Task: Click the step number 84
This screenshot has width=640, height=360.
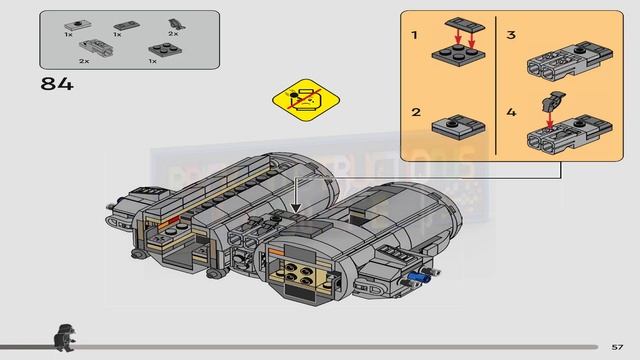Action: (x=56, y=83)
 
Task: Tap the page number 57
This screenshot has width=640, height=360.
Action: (x=618, y=346)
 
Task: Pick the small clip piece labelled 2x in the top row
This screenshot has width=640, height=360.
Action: (x=172, y=21)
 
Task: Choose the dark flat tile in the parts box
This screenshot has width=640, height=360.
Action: (x=125, y=23)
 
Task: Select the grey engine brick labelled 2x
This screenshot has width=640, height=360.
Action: (x=90, y=46)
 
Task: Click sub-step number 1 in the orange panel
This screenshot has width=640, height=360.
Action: (x=413, y=35)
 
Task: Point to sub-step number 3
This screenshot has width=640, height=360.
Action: (x=510, y=35)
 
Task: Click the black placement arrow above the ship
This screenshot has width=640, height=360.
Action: (x=294, y=192)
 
